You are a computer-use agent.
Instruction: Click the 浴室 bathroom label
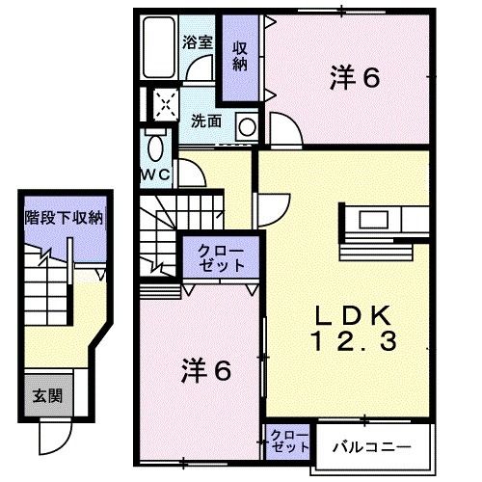click(x=198, y=41)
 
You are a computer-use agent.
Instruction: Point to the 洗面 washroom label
click(x=205, y=121)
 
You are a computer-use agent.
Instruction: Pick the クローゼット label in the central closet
click(x=221, y=258)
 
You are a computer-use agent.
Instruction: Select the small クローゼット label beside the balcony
click(x=287, y=441)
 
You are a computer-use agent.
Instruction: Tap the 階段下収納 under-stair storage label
click(x=63, y=219)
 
